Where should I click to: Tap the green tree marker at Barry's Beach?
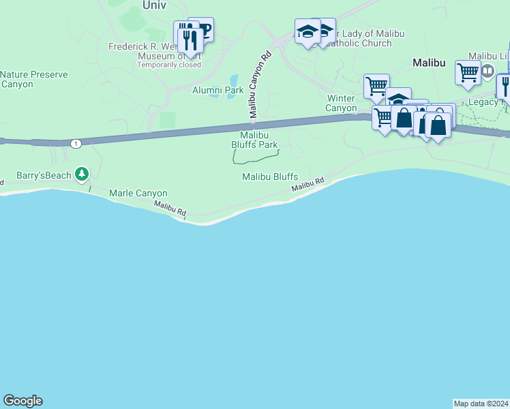82,175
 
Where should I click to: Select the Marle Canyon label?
138,194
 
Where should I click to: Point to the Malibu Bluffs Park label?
254,140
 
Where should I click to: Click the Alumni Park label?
217,90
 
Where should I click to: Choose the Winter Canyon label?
341,103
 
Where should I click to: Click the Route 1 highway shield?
75,143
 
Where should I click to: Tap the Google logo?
22,401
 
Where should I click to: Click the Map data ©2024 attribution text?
481,403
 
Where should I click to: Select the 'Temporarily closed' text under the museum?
169,65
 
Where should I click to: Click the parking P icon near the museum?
204,30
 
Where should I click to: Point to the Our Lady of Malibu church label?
359,38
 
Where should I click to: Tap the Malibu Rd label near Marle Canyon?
170,209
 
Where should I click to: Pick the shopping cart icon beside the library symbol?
468,72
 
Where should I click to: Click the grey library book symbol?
487,70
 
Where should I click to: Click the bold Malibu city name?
429,63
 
